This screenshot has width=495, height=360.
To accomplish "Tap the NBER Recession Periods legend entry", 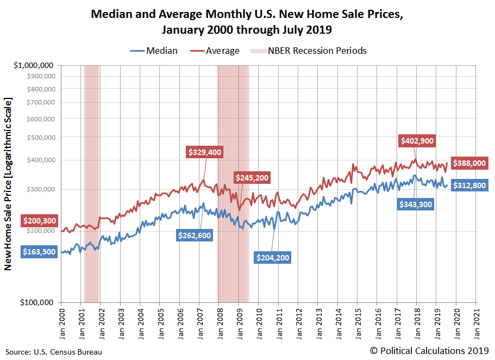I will coord(308,51).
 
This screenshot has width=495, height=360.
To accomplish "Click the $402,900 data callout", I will coord(417,140).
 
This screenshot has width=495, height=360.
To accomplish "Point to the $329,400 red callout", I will coord(205,152).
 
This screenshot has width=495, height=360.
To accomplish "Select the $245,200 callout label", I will coord(252,177).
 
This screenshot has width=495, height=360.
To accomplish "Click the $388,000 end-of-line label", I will coord(471,163).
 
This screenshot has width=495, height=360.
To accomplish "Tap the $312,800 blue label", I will coord(471,185).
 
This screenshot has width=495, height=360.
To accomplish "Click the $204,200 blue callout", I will coord(272,257).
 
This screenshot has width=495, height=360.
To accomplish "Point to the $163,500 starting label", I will coord(40,252).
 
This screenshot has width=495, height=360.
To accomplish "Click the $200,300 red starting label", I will coord(40,221).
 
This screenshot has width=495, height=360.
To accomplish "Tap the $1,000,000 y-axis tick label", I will coord(34,65).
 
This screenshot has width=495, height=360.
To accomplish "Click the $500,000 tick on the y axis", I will coord(41,137).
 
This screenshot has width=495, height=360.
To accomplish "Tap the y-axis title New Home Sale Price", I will coord(8,184).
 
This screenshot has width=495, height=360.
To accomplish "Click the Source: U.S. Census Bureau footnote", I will coord(54,352).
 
